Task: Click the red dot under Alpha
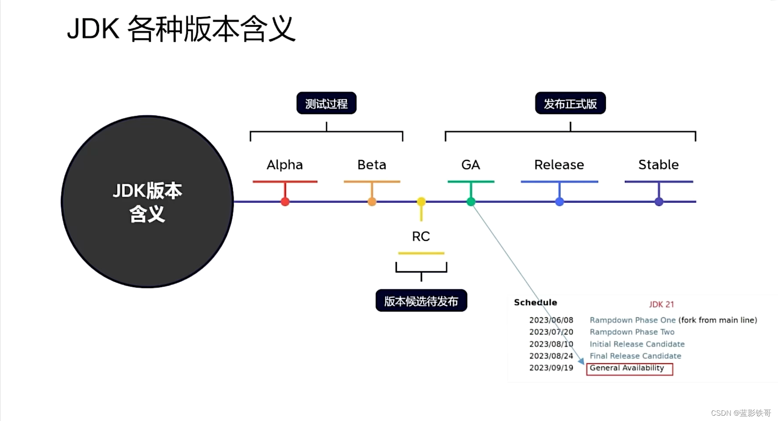(x=285, y=202)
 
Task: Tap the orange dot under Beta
(x=372, y=202)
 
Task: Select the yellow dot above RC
(x=421, y=202)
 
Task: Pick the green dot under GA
(x=471, y=202)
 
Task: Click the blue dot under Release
(x=559, y=202)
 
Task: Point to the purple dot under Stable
(x=659, y=202)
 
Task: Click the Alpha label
(x=285, y=165)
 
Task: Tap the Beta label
(x=372, y=165)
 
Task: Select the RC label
(x=421, y=236)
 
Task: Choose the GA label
(x=470, y=165)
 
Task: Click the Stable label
(x=658, y=165)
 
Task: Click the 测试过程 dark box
(x=327, y=103)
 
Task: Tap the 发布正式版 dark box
(x=570, y=103)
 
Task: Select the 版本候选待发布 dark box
(x=421, y=301)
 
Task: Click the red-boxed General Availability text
(x=627, y=368)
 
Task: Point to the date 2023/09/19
(x=551, y=368)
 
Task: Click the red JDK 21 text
(x=661, y=304)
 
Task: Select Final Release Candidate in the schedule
(x=635, y=356)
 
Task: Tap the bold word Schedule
(x=536, y=303)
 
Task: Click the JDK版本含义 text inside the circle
(x=147, y=202)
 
